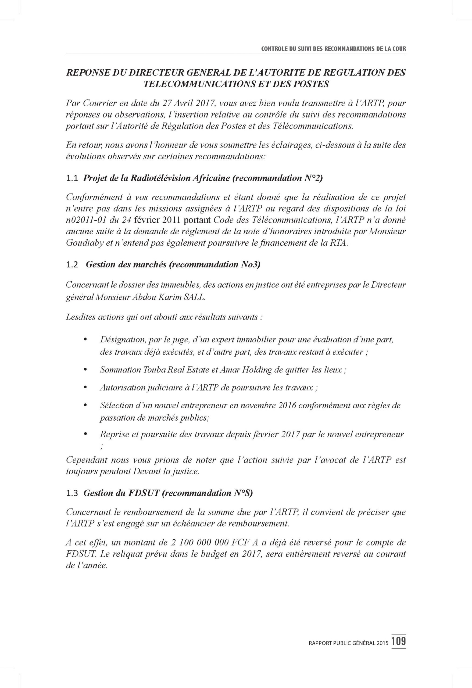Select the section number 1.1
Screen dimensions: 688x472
click(x=72, y=178)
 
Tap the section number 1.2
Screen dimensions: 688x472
click(x=72, y=265)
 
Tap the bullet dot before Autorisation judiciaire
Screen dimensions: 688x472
click(x=86, y=388)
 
